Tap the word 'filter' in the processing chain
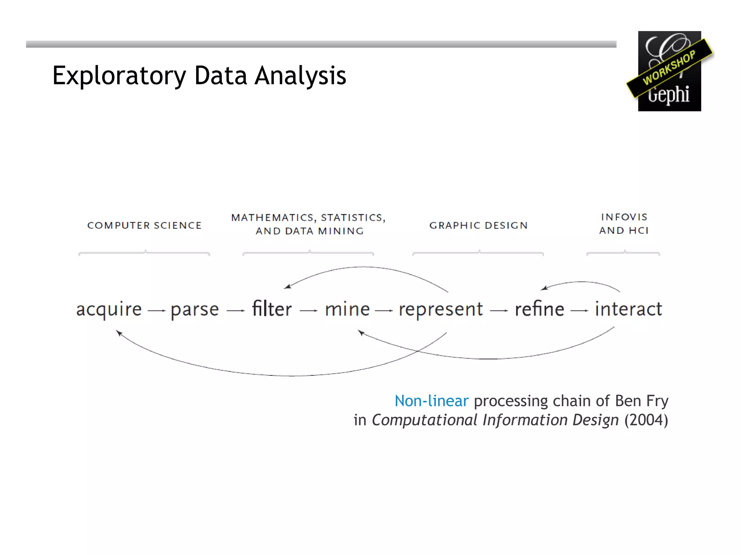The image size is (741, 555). tap(272, 309)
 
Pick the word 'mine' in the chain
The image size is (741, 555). tap(347, 309)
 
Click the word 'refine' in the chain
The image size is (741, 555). tap(539, 309)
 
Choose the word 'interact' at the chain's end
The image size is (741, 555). tap(628, 309)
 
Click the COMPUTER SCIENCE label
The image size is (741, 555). tap(144, 225)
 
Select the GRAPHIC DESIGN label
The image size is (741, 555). tap(478, 225)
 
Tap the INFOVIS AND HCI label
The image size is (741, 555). tap(624, 224)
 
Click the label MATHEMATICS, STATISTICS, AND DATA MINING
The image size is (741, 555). tap(309, 224)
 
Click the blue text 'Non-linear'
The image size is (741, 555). tap(431, 401)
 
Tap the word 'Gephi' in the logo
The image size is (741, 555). tap(669, 95)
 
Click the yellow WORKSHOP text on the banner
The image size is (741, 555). tap(669, 68)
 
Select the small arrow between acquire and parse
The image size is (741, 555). tap(157, 310)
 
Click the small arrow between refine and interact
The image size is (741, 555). tap(580, 310)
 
